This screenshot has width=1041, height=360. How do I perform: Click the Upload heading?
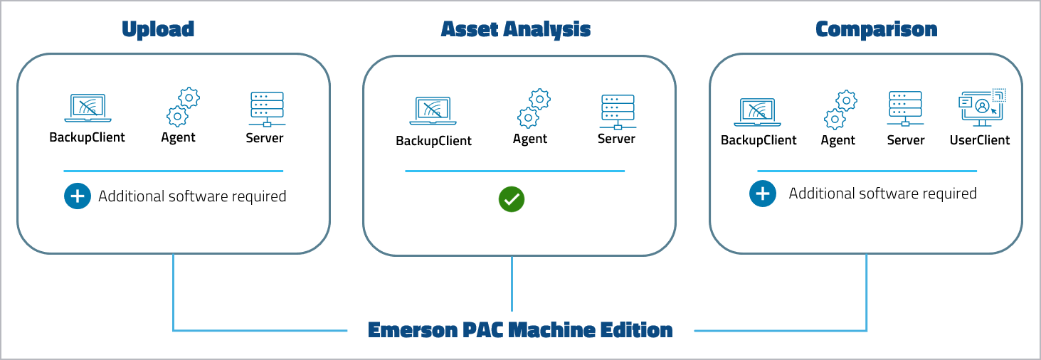click(157, 29)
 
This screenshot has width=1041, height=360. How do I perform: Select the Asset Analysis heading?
click(515, 29)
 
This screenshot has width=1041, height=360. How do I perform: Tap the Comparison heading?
click(876, 29)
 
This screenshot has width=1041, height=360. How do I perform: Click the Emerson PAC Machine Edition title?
click(520, 330)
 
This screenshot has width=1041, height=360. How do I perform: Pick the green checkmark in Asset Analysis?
click(511, 199)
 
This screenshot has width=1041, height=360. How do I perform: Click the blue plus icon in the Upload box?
click(78, 196)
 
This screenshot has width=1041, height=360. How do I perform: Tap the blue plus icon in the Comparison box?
click(762, 193)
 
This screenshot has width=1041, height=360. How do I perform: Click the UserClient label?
click(979, 140)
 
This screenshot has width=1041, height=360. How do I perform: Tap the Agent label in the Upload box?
click(178, 137)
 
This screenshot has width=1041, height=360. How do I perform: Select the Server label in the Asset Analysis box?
click(616, 139)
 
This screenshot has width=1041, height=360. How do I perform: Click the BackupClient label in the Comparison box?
click(759, 140)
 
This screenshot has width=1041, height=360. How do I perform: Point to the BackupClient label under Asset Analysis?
click(433, 141)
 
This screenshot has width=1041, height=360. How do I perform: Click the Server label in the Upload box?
click(265, 138)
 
